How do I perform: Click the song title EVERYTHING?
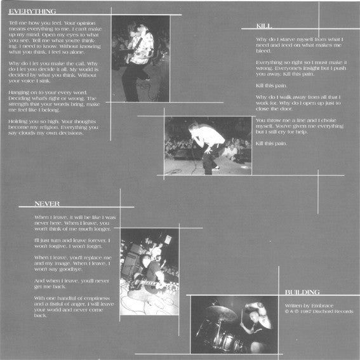[33, 11]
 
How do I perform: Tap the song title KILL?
[264, 26]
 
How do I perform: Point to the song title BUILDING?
[302, 292]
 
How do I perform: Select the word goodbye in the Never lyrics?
[60, 269]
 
